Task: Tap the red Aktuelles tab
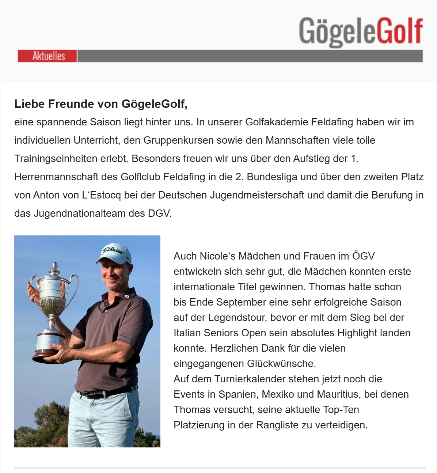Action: click(x=47, y=56)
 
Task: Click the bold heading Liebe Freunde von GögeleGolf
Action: click(x=101, y=104)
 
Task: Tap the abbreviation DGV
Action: click(x=159, y=213)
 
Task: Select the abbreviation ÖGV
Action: click(x=363, y=256)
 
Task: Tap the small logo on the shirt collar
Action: click(x=127, y=296)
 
